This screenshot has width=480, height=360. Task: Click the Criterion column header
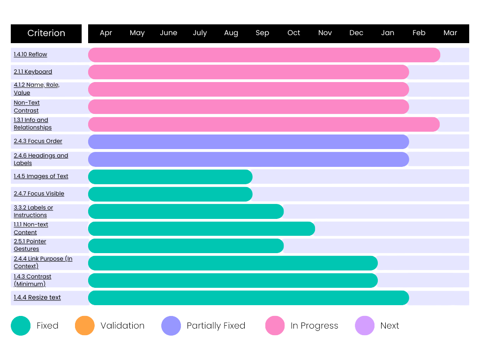[46, 33]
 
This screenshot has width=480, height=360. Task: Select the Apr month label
[106, 33]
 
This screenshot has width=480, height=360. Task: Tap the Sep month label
[262, 33]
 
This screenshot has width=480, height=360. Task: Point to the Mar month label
[450, 33]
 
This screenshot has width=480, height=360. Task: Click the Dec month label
[356, 33]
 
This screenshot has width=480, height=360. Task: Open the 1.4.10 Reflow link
[30, 54]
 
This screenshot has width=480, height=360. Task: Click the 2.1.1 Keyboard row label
[33, 72]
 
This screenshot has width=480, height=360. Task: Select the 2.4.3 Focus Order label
[38, 141]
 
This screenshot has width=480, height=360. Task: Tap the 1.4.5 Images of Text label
[41, 176]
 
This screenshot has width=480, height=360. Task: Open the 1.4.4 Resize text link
[37, 298]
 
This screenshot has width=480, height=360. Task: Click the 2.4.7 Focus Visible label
[39, 194]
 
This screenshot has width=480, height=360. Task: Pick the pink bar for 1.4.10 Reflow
[264, 55]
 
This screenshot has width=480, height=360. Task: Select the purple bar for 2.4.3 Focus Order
[248, 142]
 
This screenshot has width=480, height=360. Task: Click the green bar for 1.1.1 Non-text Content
[202, 229]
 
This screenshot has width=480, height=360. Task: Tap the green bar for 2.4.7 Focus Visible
[170, 194]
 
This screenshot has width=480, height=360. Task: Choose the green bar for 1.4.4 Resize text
[248, 298]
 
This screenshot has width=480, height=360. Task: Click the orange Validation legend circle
[84, 326]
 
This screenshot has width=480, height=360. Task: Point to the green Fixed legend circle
[21, 326]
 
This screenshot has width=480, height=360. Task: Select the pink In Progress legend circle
[275, 326]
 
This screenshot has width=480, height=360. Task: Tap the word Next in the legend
[390, 326]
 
